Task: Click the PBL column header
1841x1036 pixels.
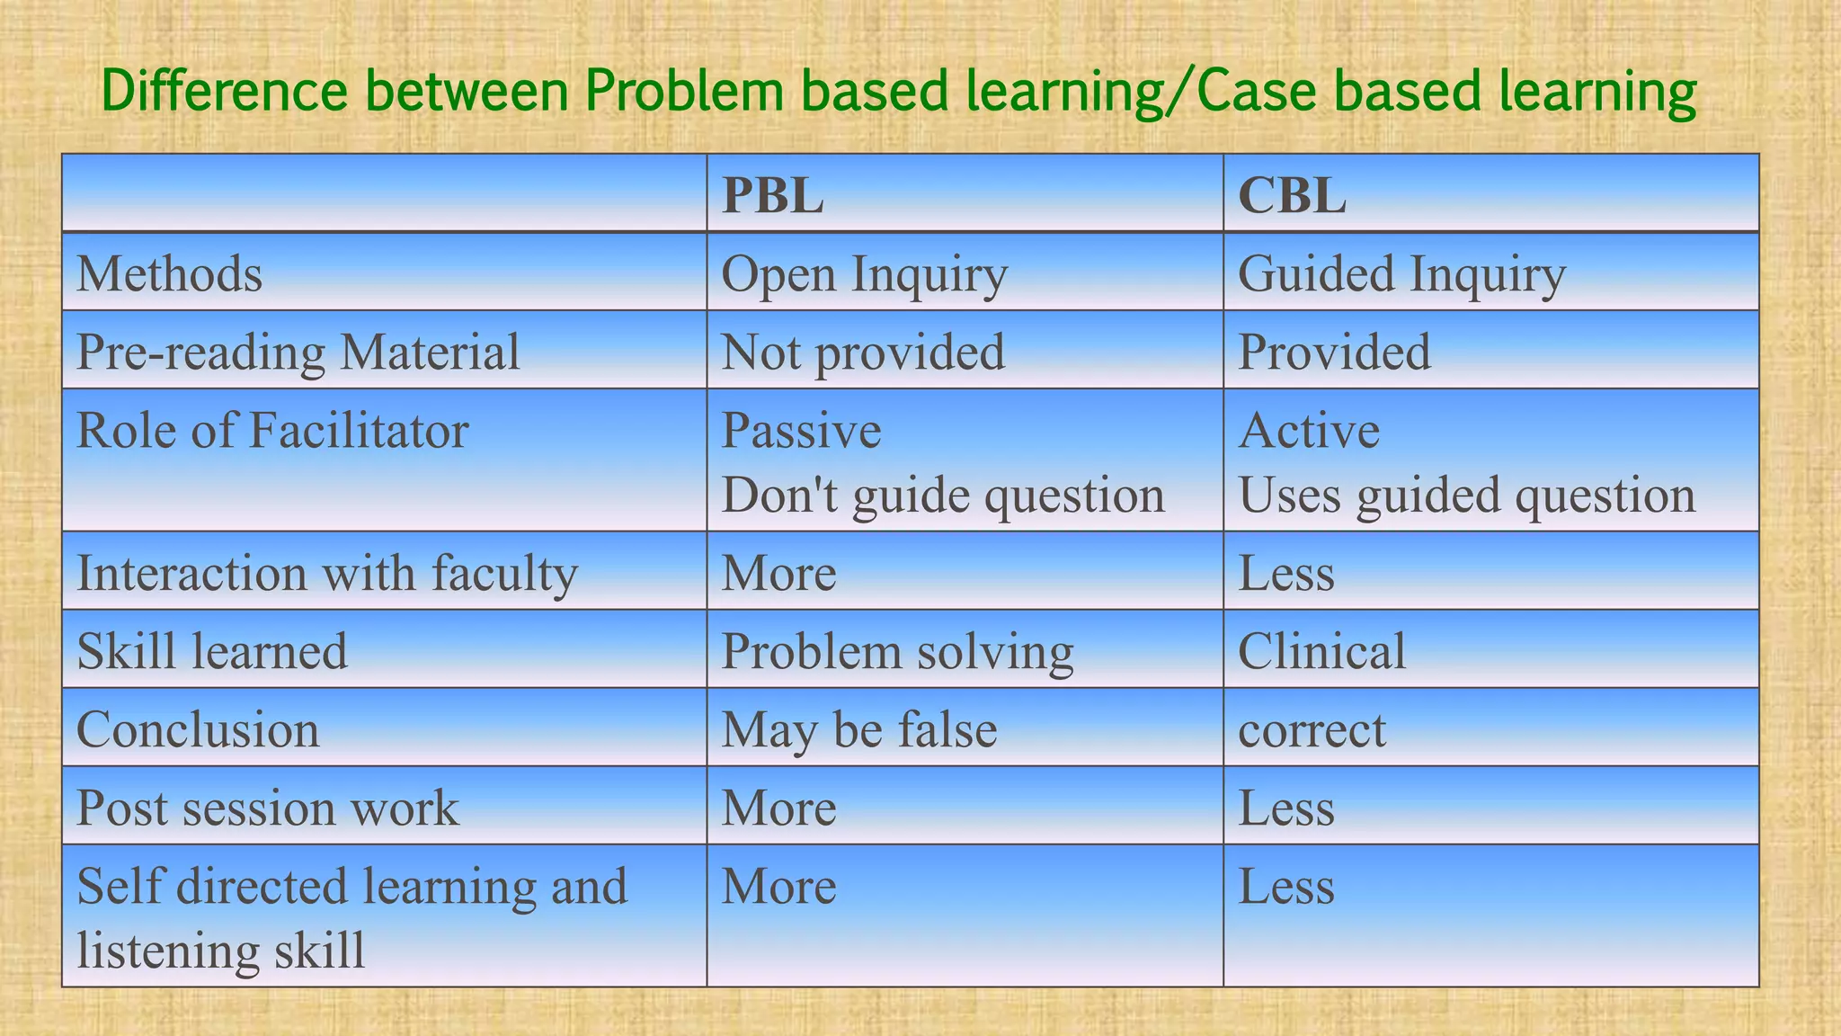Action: (x=772, y=195)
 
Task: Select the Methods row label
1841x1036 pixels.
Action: (x=169, y=273)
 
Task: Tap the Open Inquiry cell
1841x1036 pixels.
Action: (x=864, y=274)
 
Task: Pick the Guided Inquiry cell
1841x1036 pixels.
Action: (x=1401, y=274)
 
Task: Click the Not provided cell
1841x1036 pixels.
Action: (x=863, y=352)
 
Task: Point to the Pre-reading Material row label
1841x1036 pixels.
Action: (x=298, y=352)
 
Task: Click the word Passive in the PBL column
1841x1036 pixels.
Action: (x=801, y=431)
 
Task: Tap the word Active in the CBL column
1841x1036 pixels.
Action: (x=1308, y=431)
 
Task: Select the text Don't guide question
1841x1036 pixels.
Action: (x=942, y=496)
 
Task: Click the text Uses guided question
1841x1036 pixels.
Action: (x=1466, y=496)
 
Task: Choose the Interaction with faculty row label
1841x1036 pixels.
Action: (x=326, y=573)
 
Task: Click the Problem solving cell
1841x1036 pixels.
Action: (x=897, y=652)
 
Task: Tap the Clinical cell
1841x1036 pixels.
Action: (x=1321, y=651)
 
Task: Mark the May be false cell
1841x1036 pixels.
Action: (x=858, y=729)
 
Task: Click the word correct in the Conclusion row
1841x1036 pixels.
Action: (x=1312, y=730)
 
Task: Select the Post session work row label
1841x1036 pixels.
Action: (x=267, y=808)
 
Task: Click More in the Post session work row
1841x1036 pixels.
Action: (x=778, y=808)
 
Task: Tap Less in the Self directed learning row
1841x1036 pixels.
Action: (x=1285, y=886)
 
